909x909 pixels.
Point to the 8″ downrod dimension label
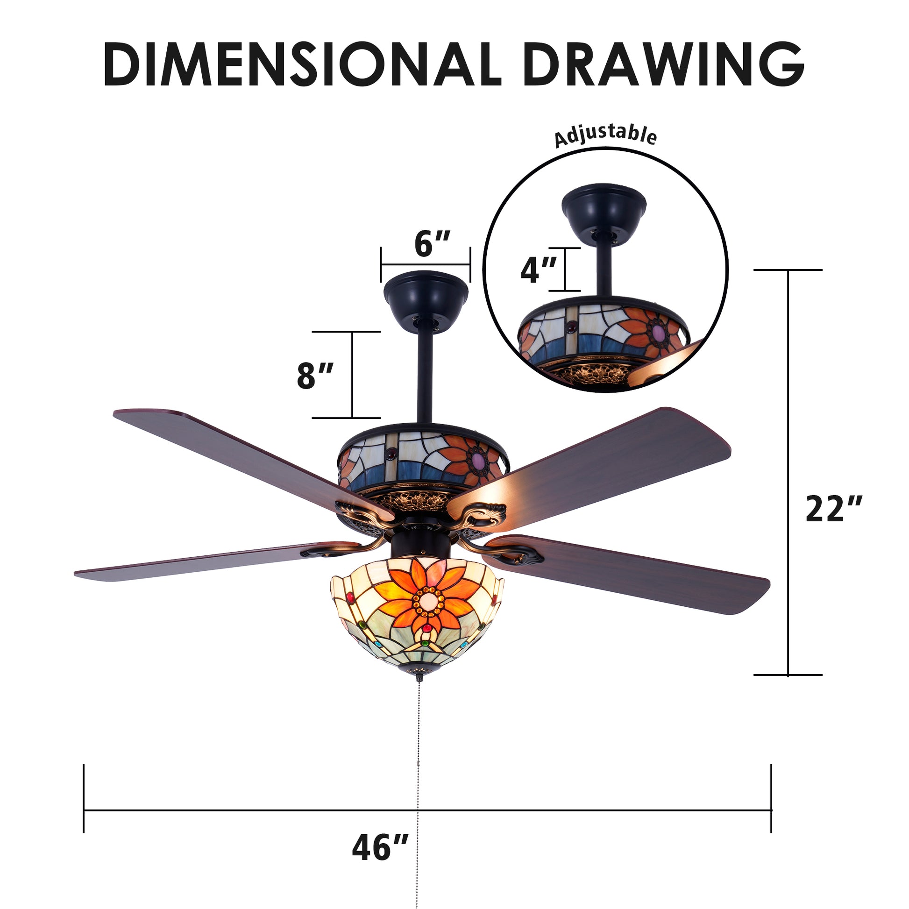tap(315, 376)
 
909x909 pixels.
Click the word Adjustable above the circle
tap(605, 136)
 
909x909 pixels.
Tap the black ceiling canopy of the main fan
tap(426, 301)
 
